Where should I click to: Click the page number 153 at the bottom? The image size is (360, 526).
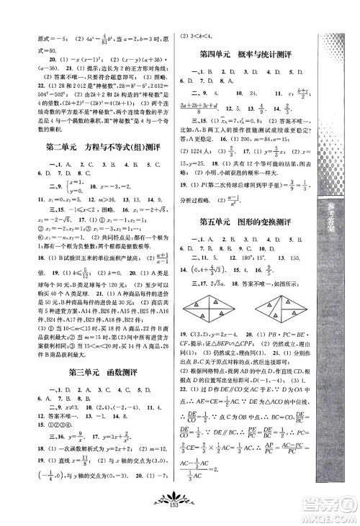tap(180, 515)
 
